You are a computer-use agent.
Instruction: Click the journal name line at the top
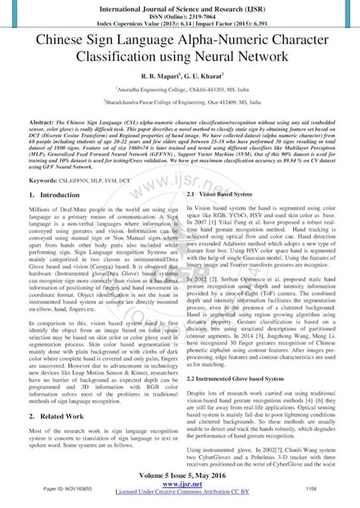click(x=180, y=7)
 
